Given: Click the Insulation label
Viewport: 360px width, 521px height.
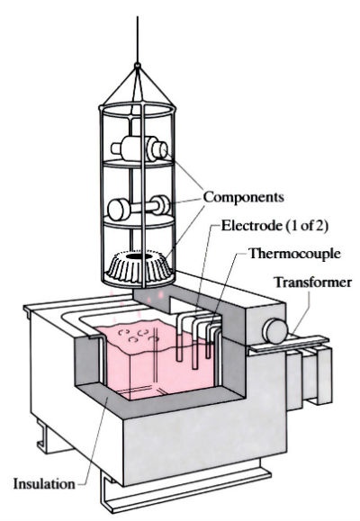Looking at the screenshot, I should pos(42,484).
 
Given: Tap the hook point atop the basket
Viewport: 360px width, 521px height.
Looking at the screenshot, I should pos(136,65).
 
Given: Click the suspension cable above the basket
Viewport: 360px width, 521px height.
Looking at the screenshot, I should pos(136,31).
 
